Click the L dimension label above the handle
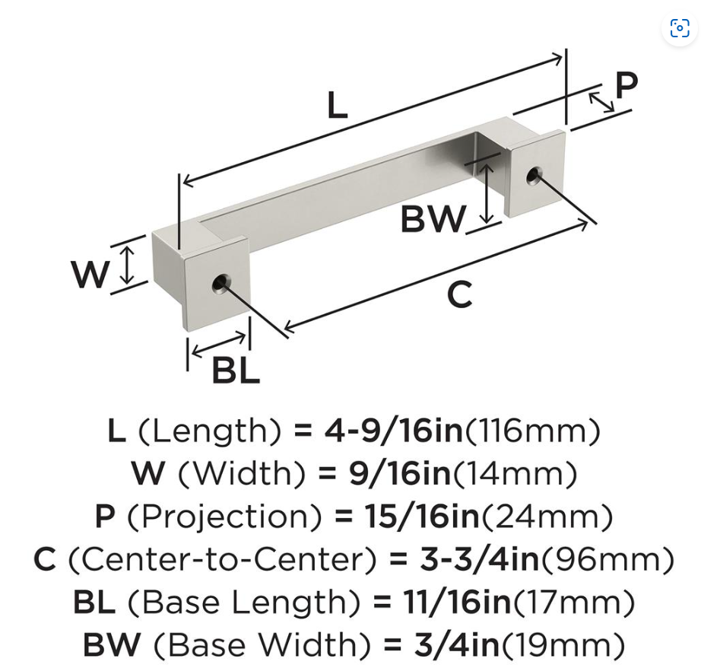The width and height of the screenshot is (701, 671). coord(337,107)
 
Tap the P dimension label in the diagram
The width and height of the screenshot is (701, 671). coord(626,86)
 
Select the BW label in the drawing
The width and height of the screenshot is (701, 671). coord(433,220)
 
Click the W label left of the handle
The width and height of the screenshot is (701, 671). coord(90,275)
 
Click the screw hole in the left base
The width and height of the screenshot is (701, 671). coord(220,284)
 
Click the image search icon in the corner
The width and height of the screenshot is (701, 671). coord(679,29)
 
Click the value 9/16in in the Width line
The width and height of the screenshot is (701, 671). coord(400,474)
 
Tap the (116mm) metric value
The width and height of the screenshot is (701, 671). coord(533,431)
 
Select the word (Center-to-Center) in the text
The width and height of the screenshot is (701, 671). coord(223,560)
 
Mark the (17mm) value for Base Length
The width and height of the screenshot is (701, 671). coord(575,603)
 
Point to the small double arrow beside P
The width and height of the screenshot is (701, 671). coord(601,102)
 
